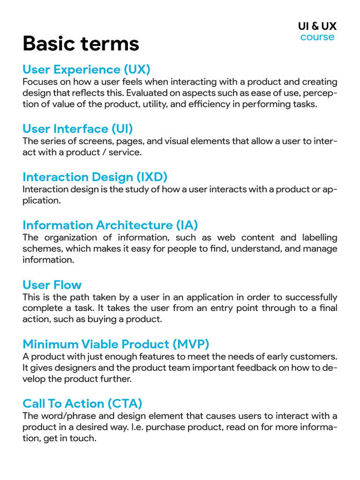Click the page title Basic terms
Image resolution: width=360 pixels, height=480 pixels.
pyautogui.click(x=81, y=44)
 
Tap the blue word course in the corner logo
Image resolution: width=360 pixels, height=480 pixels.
pyautogui.click(x=317, y=37)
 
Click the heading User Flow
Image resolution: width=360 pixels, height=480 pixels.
pyautogui.click(x=52, y=285)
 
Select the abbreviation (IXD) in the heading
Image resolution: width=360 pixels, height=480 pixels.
pyautogui.click(x=152, y=177)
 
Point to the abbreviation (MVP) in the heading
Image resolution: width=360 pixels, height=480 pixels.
pyautogui.click(x=191, y=344)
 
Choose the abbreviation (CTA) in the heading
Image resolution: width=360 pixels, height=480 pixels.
pyautogui.click(x=125, y=404)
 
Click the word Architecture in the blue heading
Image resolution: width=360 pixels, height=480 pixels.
pyautogui.click(x=135, y=225)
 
